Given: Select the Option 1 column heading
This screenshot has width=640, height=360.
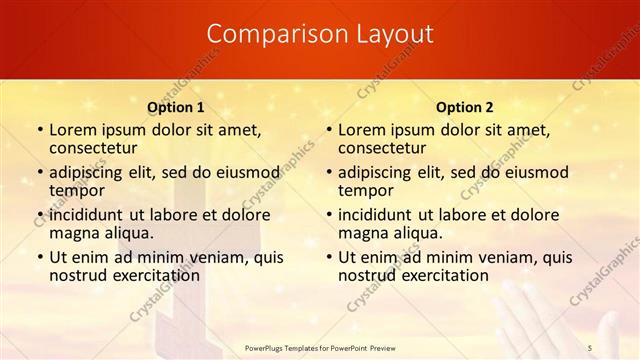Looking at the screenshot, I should click(x=176, y=106).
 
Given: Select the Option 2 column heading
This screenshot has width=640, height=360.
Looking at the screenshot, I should click(x=464, y=106).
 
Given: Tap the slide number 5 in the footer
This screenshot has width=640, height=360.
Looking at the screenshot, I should click(x=590, y=347).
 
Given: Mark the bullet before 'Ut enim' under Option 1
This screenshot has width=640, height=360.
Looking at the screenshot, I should click(x=39, y=257).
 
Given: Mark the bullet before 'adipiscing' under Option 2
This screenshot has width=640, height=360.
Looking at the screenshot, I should click(x=328, y=172).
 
